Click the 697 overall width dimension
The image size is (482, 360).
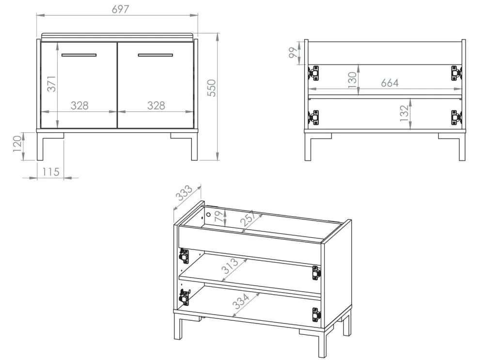pyautogui.click(x=120, y=10)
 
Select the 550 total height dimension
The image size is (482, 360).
pyautogui.click(x=212, y=88)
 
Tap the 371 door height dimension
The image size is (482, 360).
pyautogui.click(x=51, y=84)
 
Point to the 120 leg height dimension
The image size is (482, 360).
pyautogui.click(x=17, y=143)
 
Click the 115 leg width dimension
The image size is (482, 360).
pyautogui.click(x=51, y=172)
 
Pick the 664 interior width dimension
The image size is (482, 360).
pyautogui.click(x=390, y=83)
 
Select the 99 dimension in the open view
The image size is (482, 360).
pyautogui.click(x=294, y=53)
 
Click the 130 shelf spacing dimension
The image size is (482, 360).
pyautogui.click(x=352, y=79)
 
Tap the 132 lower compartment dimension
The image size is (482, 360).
pyautogui.click(x=404, y=113)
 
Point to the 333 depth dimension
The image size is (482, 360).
pyautogui.click(x=184, y=193)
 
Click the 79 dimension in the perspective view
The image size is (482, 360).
pyautogui.click(x=219, y=217)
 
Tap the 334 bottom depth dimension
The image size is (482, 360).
pyautogui.click(x=241, y=301)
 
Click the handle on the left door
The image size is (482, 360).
pyautogui.click(x=79, y=55)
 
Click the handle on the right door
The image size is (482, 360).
pyautogui.click(x=155, y=55)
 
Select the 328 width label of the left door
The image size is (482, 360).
pyautogui.click(x=79, y=106)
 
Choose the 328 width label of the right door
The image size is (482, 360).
pyautogui.click(x=156, y=106)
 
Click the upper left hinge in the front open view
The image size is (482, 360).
pyautogui.click(x=314, y=73)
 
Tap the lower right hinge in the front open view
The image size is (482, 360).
pyautogui.click(x=456, y=117)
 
